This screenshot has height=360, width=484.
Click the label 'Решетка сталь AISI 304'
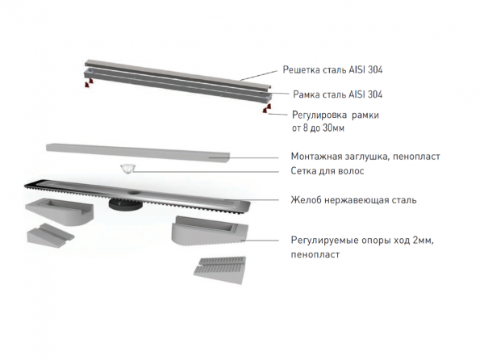pos(332,69)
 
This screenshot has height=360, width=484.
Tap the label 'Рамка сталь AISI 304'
pos(337,94)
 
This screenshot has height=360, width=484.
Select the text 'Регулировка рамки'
pos(336,115)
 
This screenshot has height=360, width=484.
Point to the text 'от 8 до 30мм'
pos(318,128)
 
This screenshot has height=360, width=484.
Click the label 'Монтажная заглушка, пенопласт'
pos(365,157)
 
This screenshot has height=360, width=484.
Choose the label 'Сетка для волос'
pos(328,171)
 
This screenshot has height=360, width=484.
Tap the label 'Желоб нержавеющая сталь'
pos(353,200)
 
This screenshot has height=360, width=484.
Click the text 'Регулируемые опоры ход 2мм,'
pos(362,241)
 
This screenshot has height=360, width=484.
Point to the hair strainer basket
pos(127,170)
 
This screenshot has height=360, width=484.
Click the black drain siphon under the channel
pos(125,204)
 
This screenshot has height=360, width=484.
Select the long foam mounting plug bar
pos(138,153)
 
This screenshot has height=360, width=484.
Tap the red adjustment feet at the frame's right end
pos(267,108)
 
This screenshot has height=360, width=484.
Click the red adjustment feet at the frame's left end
pos(89,83)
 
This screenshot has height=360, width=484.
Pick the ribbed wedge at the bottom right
pos(220,270)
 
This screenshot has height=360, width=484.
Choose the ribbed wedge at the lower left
pos(50,235)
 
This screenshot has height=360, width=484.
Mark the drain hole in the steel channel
pos(134,192)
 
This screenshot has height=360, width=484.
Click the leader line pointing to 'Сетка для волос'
pos(205,172)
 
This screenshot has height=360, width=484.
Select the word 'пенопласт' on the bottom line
pos(315,255)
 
